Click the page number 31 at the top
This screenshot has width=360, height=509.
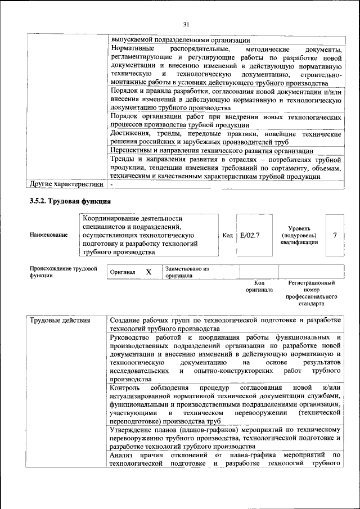[x=187, y=24]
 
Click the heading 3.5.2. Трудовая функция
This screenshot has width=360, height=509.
[x=70, y=201]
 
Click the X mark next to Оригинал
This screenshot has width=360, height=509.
[x=148, y=272]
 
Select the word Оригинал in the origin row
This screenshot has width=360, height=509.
[x=123, y=272]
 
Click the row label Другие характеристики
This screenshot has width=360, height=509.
[x=66, y=184]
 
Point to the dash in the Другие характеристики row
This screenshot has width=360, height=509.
[x=112, y=184]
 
